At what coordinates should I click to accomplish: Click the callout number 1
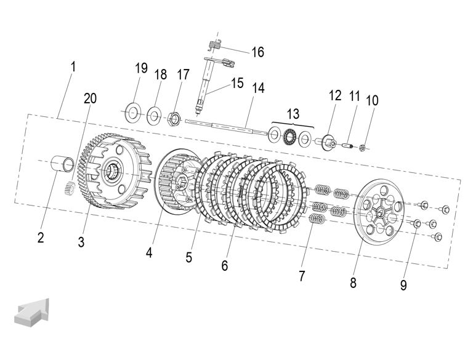(x=73, y=66)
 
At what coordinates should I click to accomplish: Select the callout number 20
(x=91, y=98)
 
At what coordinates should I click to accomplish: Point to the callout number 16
(x=257, y=52)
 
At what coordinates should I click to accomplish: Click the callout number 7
(x=302, y=276)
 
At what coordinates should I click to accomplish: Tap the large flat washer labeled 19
(x=132, y=113)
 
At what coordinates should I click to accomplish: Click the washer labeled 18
(x=154, y=114)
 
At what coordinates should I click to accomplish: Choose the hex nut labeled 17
(x=174, y=116)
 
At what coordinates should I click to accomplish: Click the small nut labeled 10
(x=365, y=148)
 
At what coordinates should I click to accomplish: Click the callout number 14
(x=258, y=88)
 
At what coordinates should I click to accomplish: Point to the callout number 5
(x=189, y=257)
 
